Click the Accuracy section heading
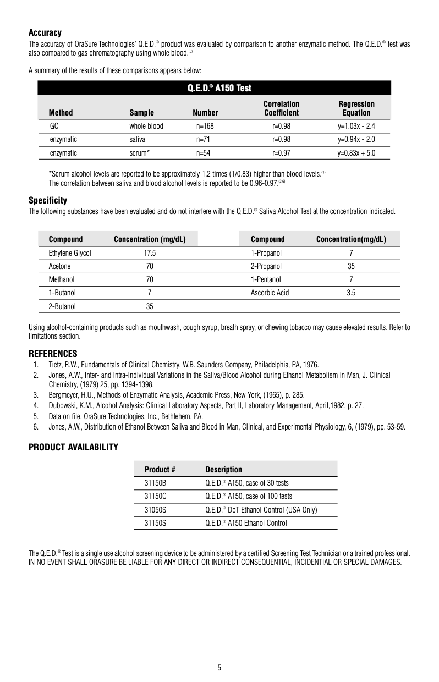click(45, 33)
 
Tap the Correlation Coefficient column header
click(281, 108)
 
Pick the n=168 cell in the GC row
click(205, 126)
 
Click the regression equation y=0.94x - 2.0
click(356, 139)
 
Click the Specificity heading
click(48, 200)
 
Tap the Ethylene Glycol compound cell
click(70, 253)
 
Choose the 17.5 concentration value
click(150, 253)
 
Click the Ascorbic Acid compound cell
click(270, 293)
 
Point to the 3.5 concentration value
click(351, 293)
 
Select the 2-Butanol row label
click(62, 306)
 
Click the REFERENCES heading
click(53, 353)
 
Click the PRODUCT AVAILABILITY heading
click(73, 447)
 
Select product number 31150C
click(155, 496)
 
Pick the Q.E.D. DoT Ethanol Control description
click(261, 510)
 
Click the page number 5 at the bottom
click(219, 668)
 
